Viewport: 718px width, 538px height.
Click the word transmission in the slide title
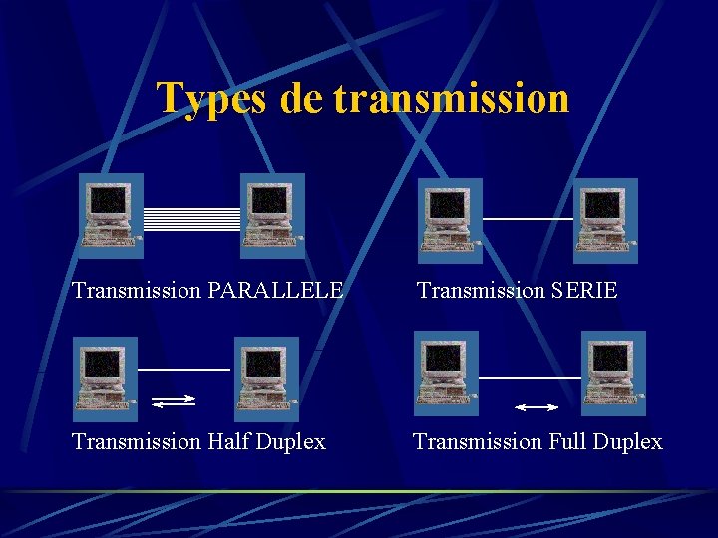coord(452,98)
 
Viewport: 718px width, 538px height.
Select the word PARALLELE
coord(276,291)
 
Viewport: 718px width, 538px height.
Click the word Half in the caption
coord(230,441)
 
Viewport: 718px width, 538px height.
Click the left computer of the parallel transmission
coord(111,215)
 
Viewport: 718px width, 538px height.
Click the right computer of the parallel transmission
coord(272,215)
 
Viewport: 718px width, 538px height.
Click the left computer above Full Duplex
coord(446,373)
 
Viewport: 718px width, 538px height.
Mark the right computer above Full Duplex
coord(613,373)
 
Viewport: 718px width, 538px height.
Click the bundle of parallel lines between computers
coord(192,219)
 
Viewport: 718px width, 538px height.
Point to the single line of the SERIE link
coord(528,218)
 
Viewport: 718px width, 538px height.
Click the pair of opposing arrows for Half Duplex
coord(175,401)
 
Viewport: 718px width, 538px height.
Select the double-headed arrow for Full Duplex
coord(536,407)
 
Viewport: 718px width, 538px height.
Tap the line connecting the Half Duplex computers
coord(183,370)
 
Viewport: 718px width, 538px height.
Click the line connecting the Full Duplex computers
coord(530,378)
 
